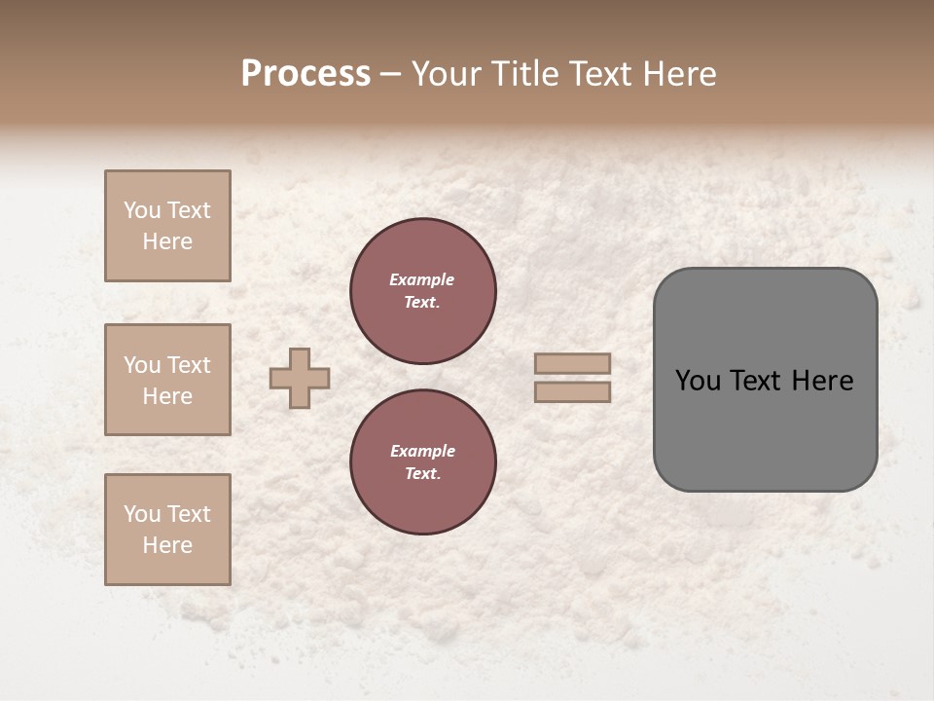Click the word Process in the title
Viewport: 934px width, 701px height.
(x=305, y=73)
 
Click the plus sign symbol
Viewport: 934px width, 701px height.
(x=300, y=378)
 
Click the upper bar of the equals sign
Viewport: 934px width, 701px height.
(x=572, y=363)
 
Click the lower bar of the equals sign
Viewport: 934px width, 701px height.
(x=572, y=392)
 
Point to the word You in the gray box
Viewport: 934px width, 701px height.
(x=699, y=381)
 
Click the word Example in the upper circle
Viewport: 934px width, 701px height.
(x=421, y=279)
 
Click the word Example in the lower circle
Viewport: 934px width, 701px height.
(x=422, y=451)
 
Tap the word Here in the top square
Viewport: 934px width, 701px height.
(x=167, y=241)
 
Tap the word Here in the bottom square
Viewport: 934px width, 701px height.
(x=167, y=545)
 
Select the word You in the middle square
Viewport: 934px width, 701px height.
(x=142, y=365)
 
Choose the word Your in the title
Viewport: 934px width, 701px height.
(x=448, y=73)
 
